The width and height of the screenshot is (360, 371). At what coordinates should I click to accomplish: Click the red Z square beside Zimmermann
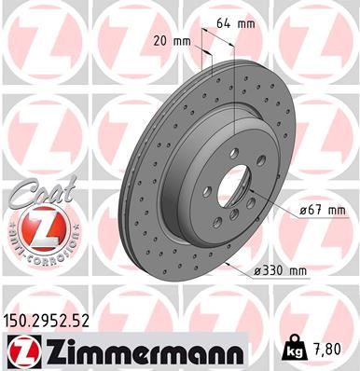click(x=20, y=350)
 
